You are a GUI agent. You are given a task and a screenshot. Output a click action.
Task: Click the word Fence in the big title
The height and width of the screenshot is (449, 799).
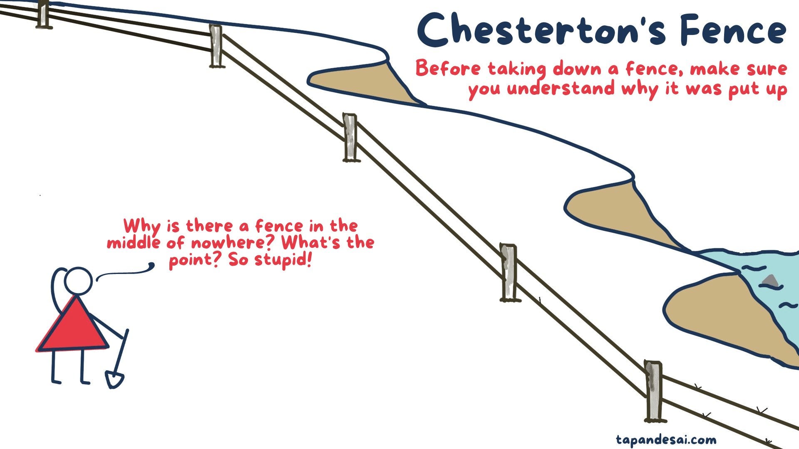(733, 30)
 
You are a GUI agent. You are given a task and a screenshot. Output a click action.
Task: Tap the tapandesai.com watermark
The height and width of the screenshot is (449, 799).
(666, 440)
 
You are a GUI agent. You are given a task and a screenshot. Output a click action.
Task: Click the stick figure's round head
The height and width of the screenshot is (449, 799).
(78, 281)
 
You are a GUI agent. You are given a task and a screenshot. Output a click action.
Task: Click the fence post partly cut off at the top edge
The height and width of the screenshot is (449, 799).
(43, 14)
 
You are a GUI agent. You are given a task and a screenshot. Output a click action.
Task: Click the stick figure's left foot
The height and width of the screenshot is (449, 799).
(56, 380)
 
